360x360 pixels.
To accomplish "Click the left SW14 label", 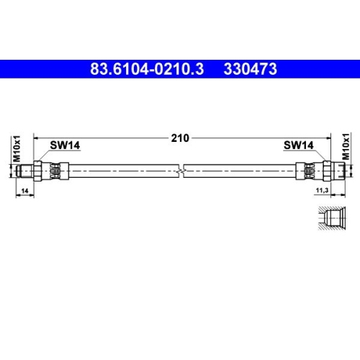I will tap(65, 145).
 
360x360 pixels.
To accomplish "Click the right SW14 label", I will tap(298, 145).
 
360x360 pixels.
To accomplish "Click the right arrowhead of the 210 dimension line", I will tap(327, 138).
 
